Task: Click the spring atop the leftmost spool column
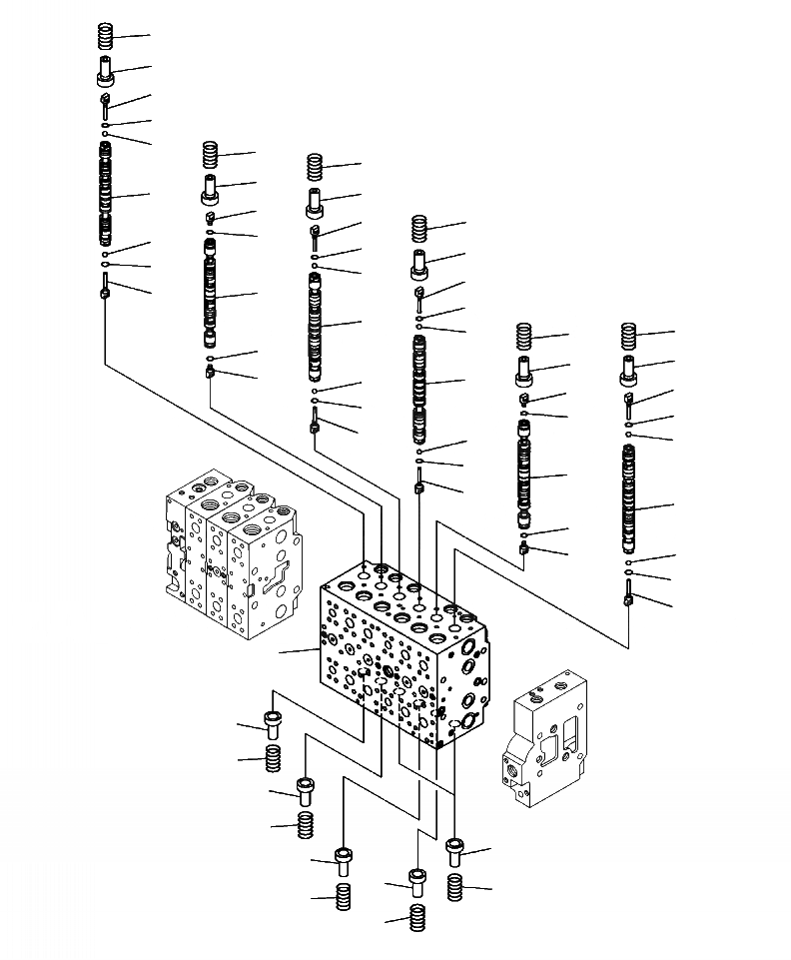point(105,37)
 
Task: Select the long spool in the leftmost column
point(105,195)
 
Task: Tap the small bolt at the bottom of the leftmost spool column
point(104,292)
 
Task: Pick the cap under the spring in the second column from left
point(210,187)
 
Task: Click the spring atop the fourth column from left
point(419,228)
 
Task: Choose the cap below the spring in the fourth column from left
point(419,264)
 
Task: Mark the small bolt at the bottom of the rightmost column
point(628,599)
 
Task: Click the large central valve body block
point(399,654)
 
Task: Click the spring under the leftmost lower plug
point(272,758)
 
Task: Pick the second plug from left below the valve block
point(307,790)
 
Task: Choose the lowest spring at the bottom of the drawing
point(416,916)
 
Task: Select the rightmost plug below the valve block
point(456,851)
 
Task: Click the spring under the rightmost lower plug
point(456,886)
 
